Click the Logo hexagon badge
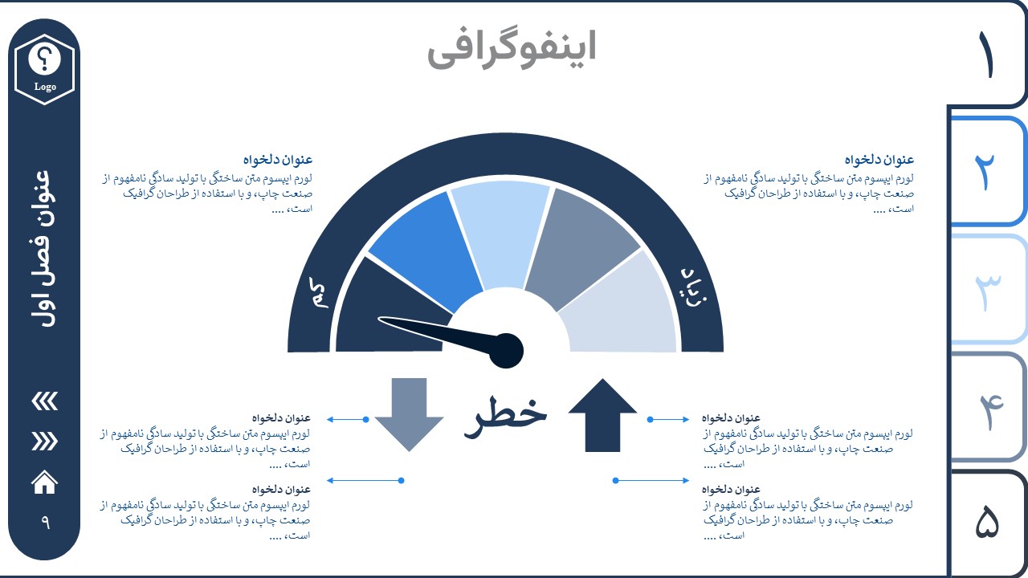click(44, 69)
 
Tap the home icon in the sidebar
click(44, 482)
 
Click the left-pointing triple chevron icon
click(44, 401)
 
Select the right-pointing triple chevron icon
click(44, 442)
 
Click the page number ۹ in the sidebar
click(45, 522)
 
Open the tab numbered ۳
click(987, 289)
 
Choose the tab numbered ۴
click(987, 407)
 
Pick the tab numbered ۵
click(987, 523)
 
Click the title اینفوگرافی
click(512, 49)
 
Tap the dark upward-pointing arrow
click(602, 415)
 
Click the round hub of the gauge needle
click(506, 351)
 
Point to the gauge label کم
click(319, 293)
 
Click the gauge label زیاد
click(693, 287)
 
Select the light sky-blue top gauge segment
click(501, 234)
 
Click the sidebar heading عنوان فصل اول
click(44, 249)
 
